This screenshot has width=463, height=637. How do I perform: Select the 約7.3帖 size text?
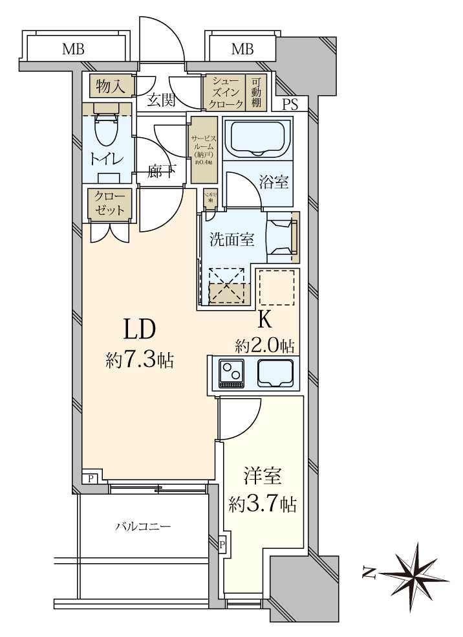tap(140, 360)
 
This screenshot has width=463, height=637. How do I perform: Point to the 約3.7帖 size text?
tap(263, 504)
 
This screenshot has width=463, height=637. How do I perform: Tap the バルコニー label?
tap(143, 526)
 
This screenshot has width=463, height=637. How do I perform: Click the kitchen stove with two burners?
tap(231, 374)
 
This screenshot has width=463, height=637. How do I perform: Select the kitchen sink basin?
tap(275, 373)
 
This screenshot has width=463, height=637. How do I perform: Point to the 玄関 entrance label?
tap(160, 100)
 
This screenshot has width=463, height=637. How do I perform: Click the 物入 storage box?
tap(111, 85)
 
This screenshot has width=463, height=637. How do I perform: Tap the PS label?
tap(290, 106)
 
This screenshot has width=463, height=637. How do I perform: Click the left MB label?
tap(74, 49)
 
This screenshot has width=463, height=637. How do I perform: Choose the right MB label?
tap(242, 49)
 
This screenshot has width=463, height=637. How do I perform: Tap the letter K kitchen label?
tap(264, 319)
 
